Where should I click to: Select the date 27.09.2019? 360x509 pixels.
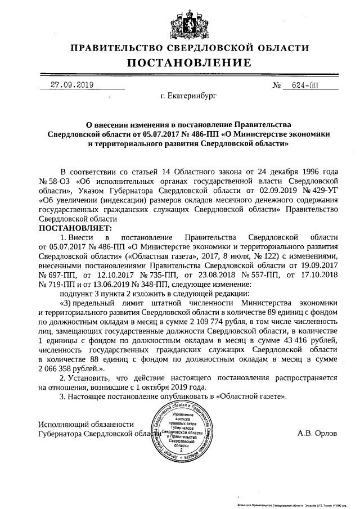(71, 85)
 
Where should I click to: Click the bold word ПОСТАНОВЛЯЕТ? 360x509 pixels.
(75, 228)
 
